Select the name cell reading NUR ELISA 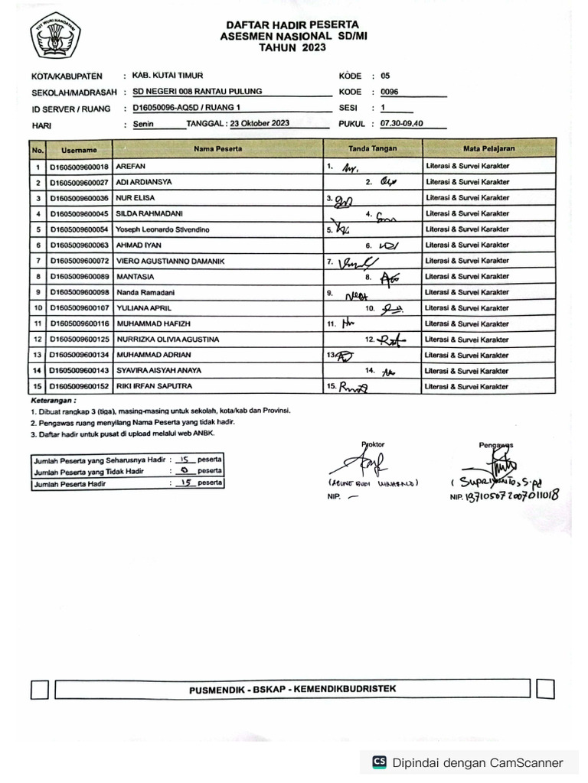click(136, 198)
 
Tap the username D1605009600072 click(80, 262)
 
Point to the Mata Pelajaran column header click(488, 148)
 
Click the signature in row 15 click(353, 387)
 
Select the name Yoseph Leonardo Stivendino click(162, 229)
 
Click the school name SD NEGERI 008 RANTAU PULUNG click(197, 92)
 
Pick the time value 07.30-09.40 click(397, 124)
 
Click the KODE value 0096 click(390, 92)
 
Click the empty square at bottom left click(41, 690)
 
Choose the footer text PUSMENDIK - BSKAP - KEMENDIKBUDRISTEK click(292, 690)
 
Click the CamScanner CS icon click(379, 762)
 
